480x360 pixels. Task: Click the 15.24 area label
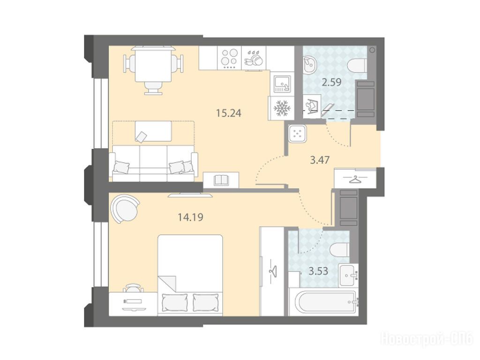click(228, 113)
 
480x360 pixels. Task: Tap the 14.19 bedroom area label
click(190, 217)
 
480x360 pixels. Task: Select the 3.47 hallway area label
click(320, 160)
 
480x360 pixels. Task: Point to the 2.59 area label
click(331, 82)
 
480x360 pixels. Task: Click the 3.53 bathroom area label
click(318, 271)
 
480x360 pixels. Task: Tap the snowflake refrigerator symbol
click(281, 108)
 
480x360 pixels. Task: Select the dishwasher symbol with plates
click(254, 58)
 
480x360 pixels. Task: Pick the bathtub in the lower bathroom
click(323, 303)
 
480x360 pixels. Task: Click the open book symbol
click(221, 180)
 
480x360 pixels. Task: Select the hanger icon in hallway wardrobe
click(355, 179)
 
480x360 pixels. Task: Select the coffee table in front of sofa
click(153, 131)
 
